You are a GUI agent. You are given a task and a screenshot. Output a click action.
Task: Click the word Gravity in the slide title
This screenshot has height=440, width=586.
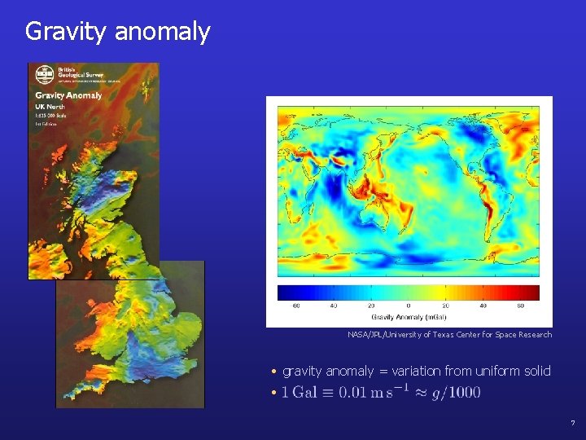(x=67, y=32)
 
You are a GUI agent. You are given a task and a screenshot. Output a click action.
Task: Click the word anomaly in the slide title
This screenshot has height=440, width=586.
(x=162, y=32)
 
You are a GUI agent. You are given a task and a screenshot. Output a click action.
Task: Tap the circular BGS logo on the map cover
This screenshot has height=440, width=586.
(x=44, y=75)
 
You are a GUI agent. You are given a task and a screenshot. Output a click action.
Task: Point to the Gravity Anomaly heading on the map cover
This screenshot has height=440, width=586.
(x=68, y=95)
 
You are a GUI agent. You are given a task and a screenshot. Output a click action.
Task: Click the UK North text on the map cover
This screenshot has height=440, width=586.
(x=50, y=107)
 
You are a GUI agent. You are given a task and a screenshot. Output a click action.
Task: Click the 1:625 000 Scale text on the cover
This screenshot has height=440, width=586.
(x=50, y=116)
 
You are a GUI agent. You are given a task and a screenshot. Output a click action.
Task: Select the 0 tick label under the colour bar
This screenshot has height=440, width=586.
(x=408, y=306)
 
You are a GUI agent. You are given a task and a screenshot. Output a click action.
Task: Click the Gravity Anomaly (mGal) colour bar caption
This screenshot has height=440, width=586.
(x=408, y=316)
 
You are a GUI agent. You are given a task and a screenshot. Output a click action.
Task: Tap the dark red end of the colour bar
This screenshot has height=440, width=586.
(x=533, y=293)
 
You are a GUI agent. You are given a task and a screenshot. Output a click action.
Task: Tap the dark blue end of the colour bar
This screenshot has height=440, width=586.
(x=284, y=293)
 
